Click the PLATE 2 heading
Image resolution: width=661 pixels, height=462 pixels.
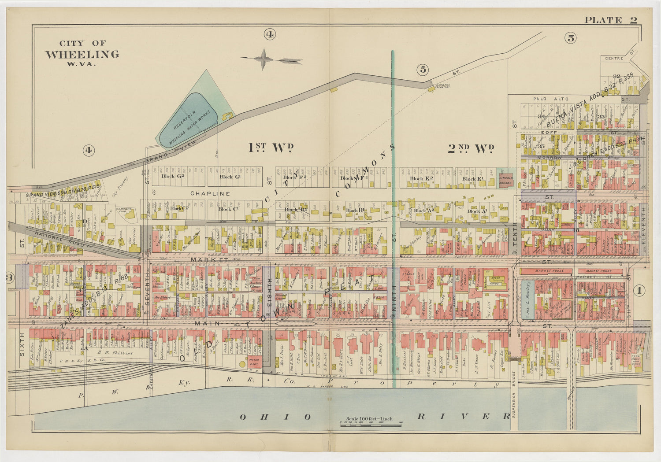611,20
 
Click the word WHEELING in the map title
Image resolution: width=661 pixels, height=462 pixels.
82,54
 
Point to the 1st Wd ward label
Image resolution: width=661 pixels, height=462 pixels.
271,148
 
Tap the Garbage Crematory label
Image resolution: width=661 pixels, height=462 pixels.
443,86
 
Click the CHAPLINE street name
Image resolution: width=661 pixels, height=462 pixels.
210,193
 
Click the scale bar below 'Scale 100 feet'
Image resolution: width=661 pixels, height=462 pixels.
371,423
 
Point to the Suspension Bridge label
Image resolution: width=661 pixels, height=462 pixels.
514,395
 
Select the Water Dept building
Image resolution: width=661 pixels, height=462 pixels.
254,362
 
